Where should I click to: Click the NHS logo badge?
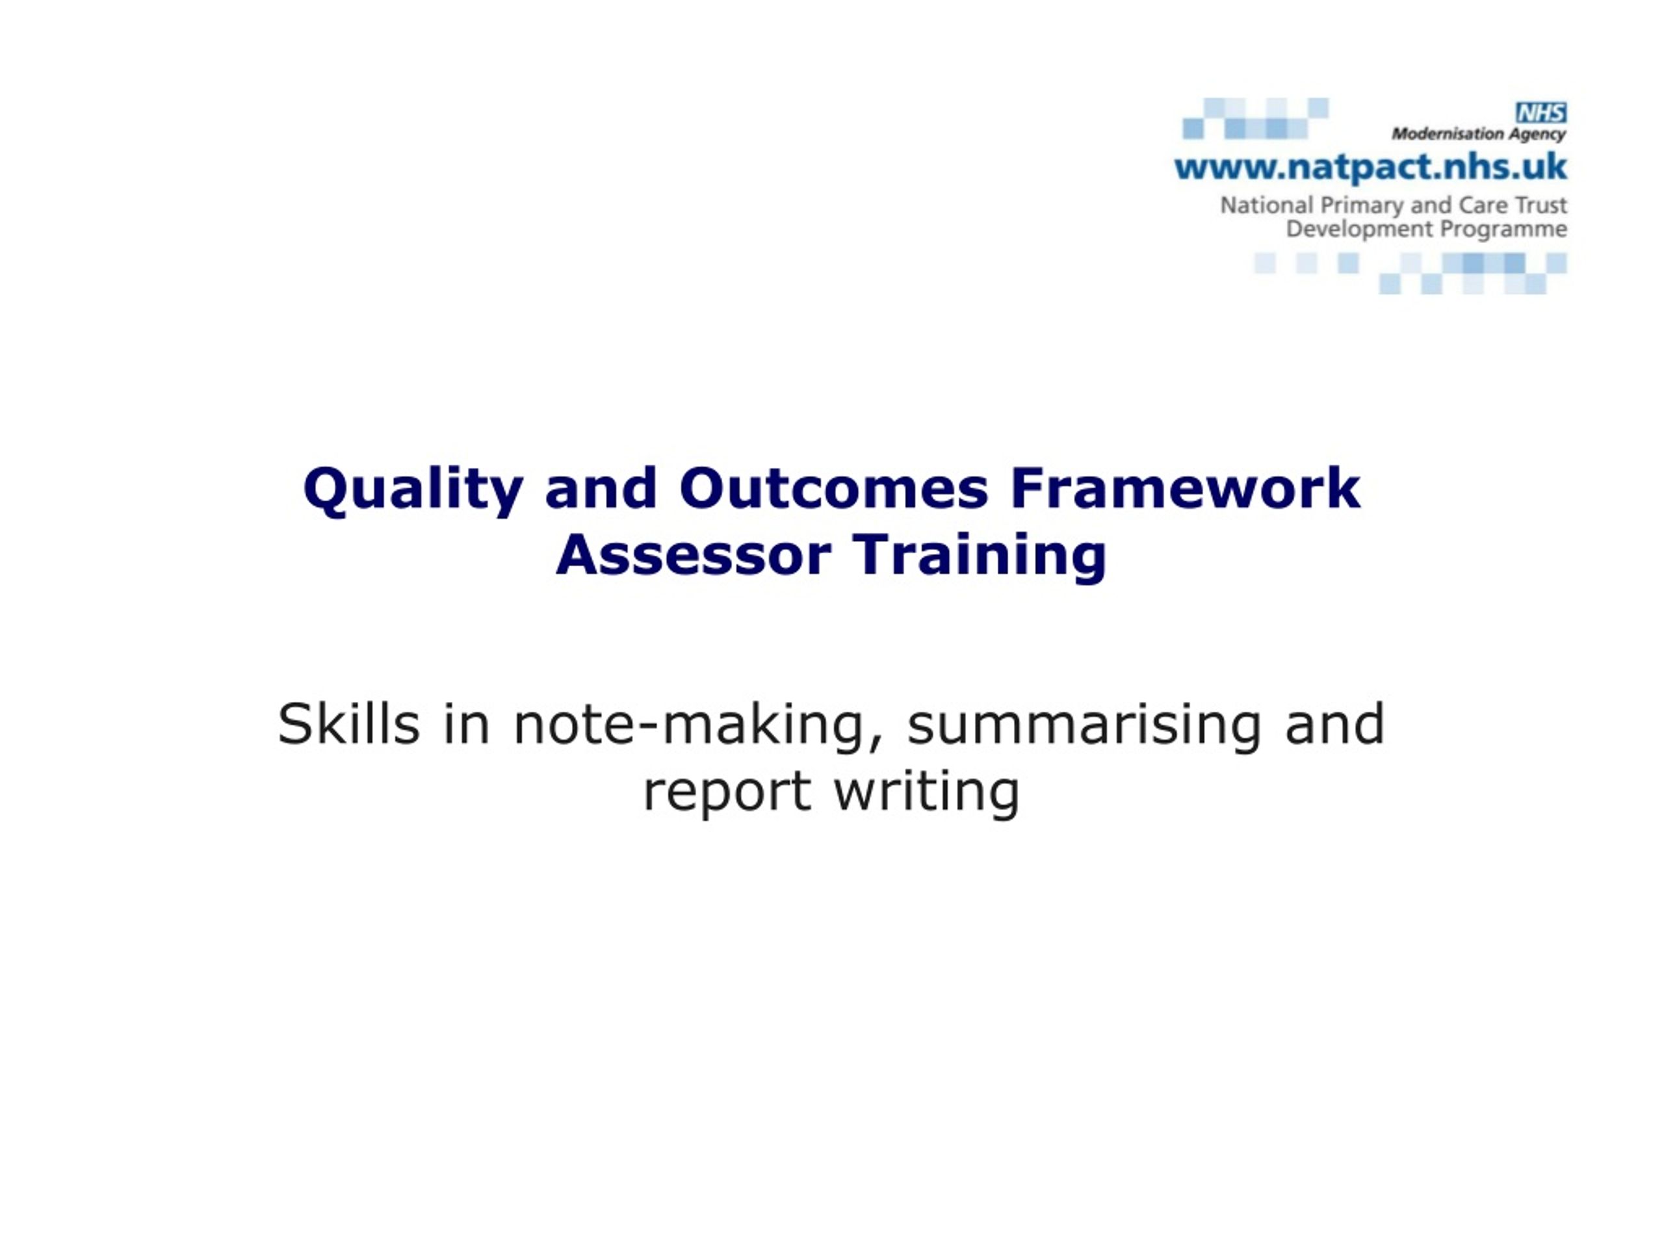[1541, 113]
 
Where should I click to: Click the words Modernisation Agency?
[1479, 135]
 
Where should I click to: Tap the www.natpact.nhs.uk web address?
[1371, 168]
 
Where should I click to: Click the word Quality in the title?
[413, 489]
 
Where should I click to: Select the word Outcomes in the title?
[833, 489]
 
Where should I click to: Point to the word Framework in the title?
[1185, 489]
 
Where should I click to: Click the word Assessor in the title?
[694, 555]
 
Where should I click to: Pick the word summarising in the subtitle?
[1084, 725]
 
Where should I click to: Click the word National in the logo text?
[1267, 205]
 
